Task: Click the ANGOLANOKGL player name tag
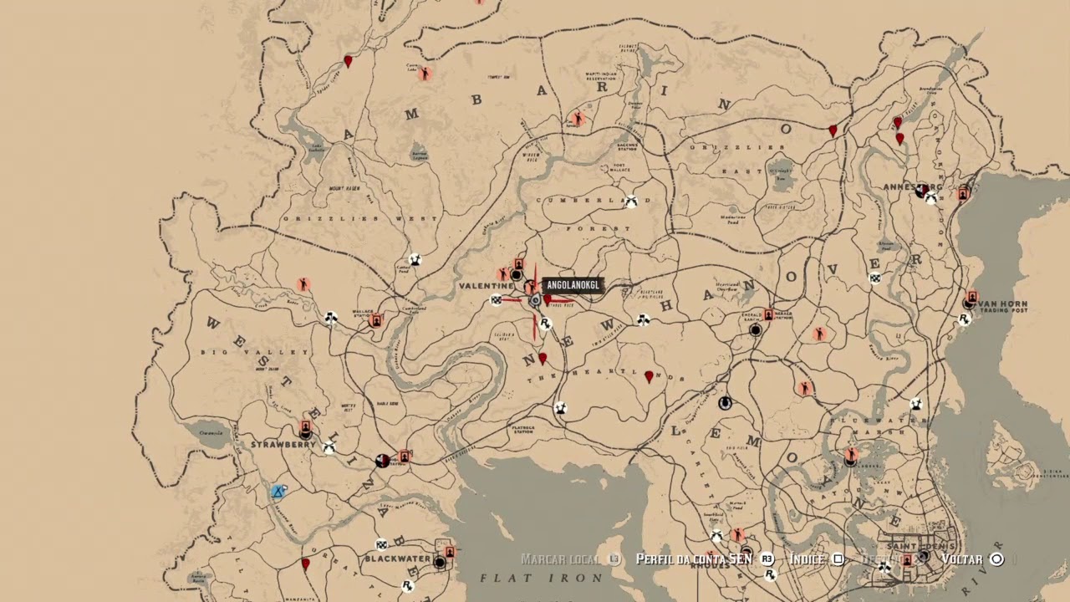point(572,286)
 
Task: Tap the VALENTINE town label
point(486,286)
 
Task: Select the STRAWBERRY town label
point(283,445)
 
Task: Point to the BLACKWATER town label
point(398,559)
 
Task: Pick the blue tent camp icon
point(278,492)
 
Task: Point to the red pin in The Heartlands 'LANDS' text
point(649,378)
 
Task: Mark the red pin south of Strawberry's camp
point(305,564)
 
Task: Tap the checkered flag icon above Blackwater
point(381,544)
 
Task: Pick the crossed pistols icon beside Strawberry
point(329,448)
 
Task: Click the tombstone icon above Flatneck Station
point(559,408)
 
